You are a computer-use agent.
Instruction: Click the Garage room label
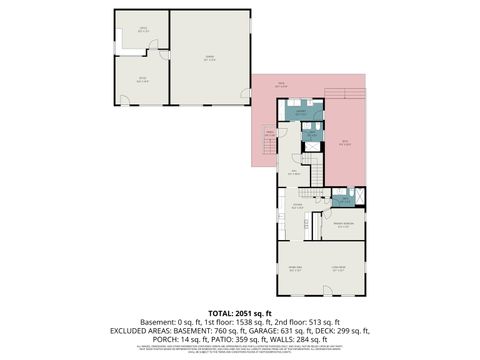pyautogui.click(x=210, y=57)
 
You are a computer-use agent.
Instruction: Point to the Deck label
pyautogui.click(x=346, y=143)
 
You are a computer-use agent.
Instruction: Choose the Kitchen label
pyautogui.click(x=297, y=207)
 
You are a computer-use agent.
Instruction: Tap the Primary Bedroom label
pyautogui.click(x=343, y=225)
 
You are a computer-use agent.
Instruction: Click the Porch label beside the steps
pyautogui.click(x=269, y=132)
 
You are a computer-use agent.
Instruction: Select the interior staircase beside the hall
pyautogui.click(x=316, y=175)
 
